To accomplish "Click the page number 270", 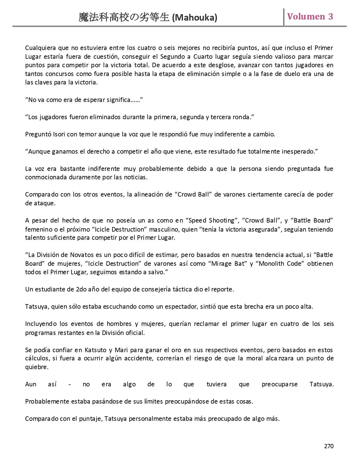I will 329,446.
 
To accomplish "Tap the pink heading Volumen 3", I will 310,17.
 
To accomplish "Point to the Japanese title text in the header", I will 124,18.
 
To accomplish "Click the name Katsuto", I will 95,350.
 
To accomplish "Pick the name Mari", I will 121,350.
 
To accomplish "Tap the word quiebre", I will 36,367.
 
